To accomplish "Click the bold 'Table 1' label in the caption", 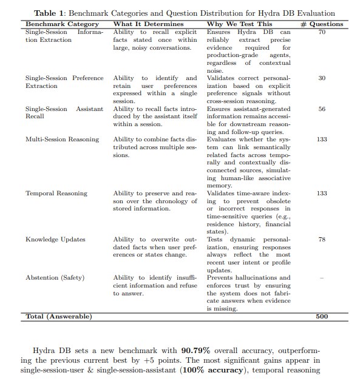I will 51,13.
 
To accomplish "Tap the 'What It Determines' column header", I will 149,24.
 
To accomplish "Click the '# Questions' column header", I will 322,24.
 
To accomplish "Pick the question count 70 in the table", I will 322,32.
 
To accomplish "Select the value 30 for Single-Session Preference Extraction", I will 322,78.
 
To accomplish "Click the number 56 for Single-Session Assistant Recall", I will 322,109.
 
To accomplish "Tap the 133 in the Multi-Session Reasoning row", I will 322,140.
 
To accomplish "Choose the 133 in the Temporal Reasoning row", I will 322,194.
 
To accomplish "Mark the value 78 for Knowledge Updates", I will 322,240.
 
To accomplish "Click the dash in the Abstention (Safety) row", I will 322,278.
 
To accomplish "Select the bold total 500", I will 322,317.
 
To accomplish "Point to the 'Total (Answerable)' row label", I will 59,317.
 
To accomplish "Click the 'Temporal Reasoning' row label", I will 56,194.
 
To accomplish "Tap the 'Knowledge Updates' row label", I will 55,240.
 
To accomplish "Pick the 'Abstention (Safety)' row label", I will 55,278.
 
